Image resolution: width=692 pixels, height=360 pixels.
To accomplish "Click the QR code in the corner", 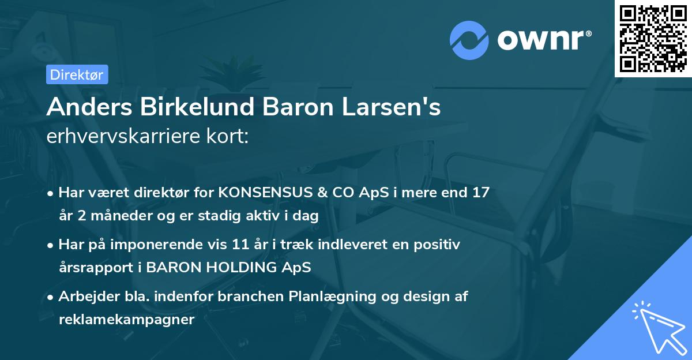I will click(653, 38).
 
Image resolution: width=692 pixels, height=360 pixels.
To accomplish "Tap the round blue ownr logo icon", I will click(469, 40).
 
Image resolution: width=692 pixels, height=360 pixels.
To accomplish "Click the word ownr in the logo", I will click(541, 40).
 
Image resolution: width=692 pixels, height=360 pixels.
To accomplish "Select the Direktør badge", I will click(77, 74).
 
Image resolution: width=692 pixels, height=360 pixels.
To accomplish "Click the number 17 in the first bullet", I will click(480, 192).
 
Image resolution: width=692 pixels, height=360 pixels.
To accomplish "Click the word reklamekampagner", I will click(126, 319).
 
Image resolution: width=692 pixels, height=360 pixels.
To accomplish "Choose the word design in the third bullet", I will click(416, 297).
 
